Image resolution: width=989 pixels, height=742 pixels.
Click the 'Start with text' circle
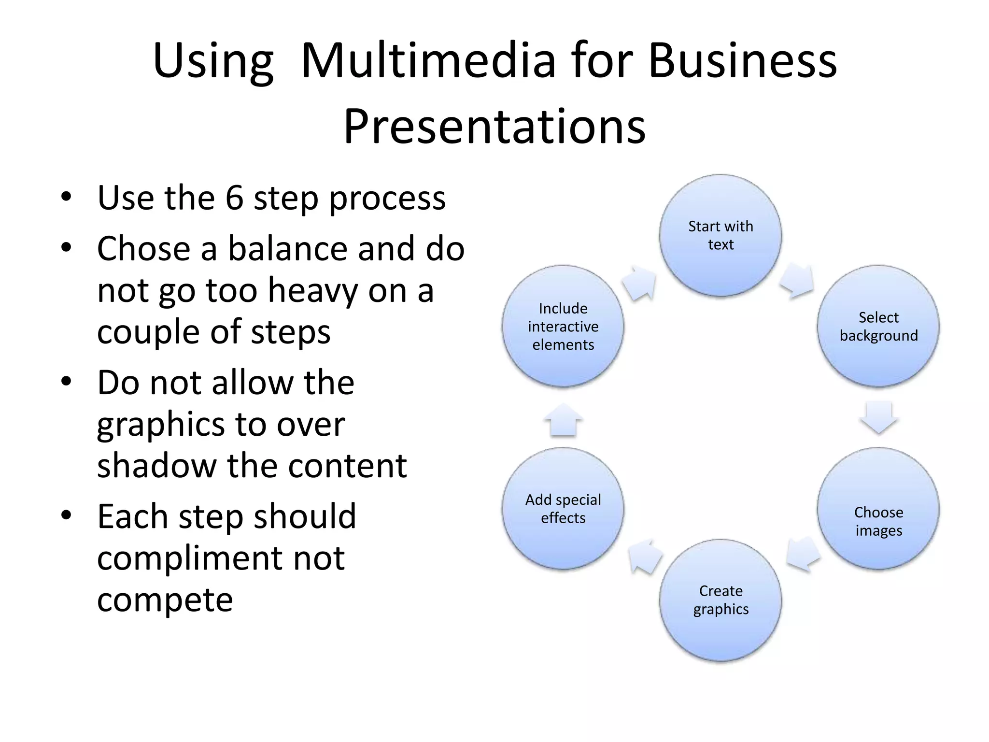(x=721, y=235)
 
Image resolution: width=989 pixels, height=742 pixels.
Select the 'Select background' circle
(x=878, y=326)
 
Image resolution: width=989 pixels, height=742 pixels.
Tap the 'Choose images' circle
(x=878, y=508)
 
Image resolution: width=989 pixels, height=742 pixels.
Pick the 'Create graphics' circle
(x=721, y=599)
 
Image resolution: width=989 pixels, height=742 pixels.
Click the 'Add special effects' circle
(x=563, y=508)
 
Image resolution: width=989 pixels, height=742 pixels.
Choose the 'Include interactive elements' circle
(x=563, y=326)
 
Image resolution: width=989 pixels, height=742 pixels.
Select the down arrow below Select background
(x=878, y=417)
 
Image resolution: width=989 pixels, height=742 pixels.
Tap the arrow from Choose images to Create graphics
(x=803, y=553)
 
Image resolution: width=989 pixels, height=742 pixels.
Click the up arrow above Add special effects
(x=563, y=419)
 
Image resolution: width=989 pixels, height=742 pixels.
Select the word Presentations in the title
(x=494, y=127)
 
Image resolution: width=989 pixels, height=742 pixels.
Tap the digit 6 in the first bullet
(x=234, y=198)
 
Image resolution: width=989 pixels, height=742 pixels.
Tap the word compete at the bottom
(x=165, y=599)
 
